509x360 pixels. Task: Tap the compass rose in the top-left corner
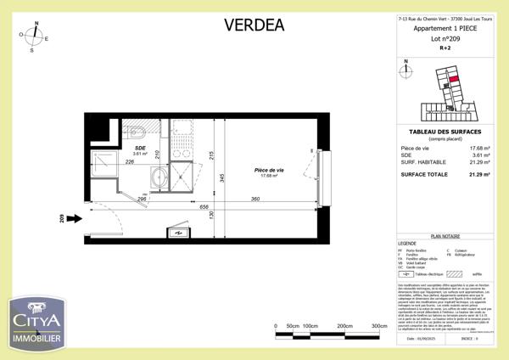(x=34, y=37)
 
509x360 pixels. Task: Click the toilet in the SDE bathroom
(x=139, y=132)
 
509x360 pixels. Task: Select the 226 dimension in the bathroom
(x=131, y=162)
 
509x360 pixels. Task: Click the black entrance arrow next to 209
(x=74, y=218)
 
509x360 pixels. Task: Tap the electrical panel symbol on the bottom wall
(x=180, y=233)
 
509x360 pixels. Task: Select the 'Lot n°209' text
(x=445, y=39)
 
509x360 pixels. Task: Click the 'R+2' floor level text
(x=445, y=48)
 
